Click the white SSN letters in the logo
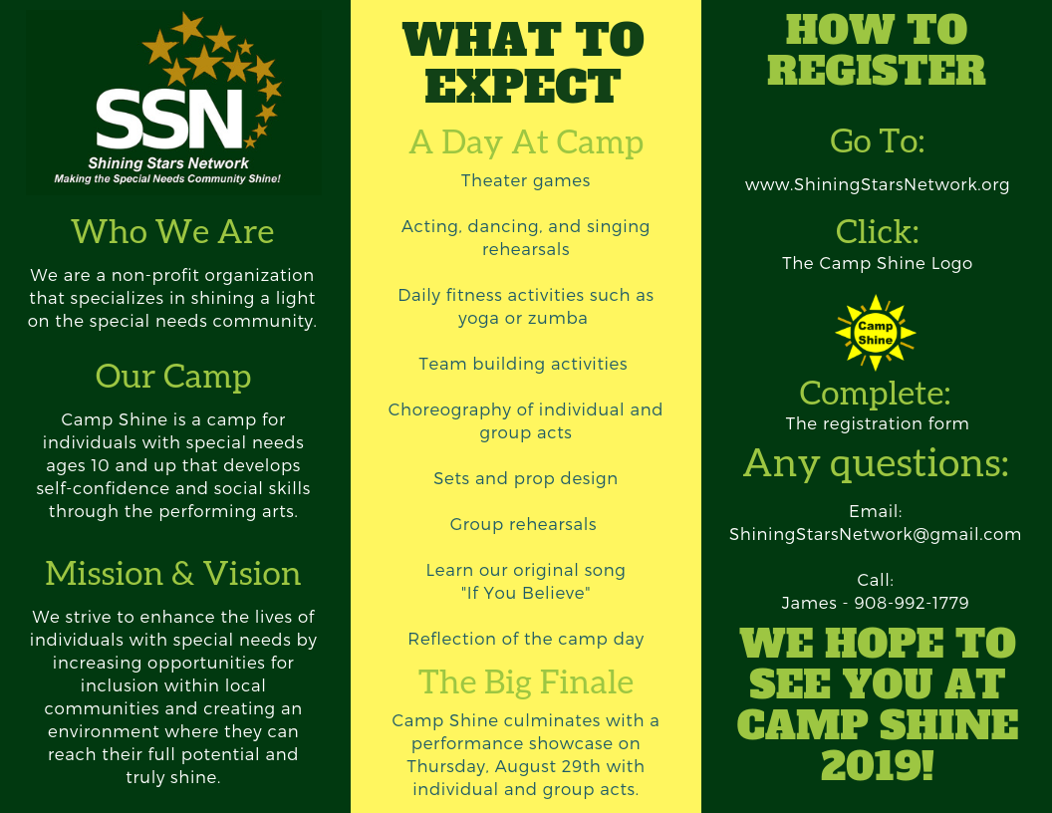[x=169, y=119]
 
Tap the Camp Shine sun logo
[x=875, y=333]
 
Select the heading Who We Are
[x=173, y=232]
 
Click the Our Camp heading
[x=173, y=377]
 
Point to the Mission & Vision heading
[x=173, y=574]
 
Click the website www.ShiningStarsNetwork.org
[x=877, y=185]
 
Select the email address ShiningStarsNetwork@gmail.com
[x=875, y=535]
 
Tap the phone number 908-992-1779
[x=912, y=603]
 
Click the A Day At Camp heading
[x=526, y=142]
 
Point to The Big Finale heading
[x=526, y=682]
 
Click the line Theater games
[x=525, y=181]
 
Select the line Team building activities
[x=523, y=365]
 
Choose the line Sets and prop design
[x=525, y=479]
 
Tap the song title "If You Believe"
[x=525, y=593]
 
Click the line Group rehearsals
[x=523, y=524]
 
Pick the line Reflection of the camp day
[x=525, y=640]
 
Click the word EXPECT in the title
[x=523, y=86]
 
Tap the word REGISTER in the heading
[x=877, y=70]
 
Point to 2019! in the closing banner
[x=877, y=765]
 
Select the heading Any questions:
[x=876, y=463]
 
